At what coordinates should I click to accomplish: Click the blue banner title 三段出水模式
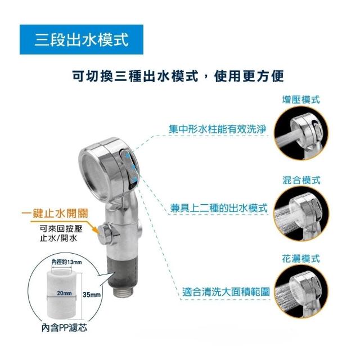tap(81, 39)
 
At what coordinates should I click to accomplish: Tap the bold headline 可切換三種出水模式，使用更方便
tap(178, 76)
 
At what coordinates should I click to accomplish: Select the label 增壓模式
tap(301, 100)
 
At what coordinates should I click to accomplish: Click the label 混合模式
tap(301, 180)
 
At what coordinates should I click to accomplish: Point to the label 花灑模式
tap(301, 259)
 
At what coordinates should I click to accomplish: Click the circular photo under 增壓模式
tap(301, 133)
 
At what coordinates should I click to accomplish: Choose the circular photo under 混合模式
tap(301, 214)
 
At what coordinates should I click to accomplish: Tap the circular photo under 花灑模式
tap(301, 292)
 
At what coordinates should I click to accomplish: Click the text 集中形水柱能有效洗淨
tap(218, 129)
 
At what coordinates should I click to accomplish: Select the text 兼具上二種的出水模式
tap(219, 208)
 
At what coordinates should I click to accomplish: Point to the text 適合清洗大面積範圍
tap(226, 292)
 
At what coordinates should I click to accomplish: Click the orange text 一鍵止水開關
tap(55, 214)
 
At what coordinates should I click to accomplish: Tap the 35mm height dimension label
tap(92, 295)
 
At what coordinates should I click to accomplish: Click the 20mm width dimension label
tap(64, 293)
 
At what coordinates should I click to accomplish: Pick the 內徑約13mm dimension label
tap(66, 262)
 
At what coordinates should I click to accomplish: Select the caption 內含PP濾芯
tap(64, 327)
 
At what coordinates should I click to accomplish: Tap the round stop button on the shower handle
tap(103, 233)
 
